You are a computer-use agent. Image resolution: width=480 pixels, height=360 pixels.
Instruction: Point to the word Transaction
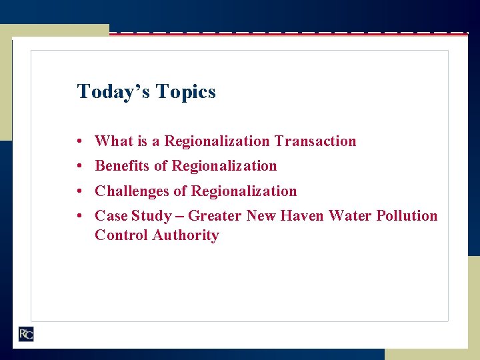coord(315,141)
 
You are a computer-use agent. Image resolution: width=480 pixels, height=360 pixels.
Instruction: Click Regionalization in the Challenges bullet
coord(244,191)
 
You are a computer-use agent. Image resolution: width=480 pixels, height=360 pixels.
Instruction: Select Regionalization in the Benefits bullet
coord(224,165)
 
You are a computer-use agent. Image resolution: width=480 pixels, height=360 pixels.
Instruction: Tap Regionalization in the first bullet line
coord(217,141)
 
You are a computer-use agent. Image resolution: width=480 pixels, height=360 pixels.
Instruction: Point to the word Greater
coord(215,215)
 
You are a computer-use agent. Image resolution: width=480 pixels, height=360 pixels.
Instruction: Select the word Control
coord(121,235)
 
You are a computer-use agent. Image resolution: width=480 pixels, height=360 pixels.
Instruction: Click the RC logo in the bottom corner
coord(25,334)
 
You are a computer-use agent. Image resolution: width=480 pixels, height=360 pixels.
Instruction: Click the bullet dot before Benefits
coord(79,166)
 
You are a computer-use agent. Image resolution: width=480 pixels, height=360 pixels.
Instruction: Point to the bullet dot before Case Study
coord(79,216)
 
